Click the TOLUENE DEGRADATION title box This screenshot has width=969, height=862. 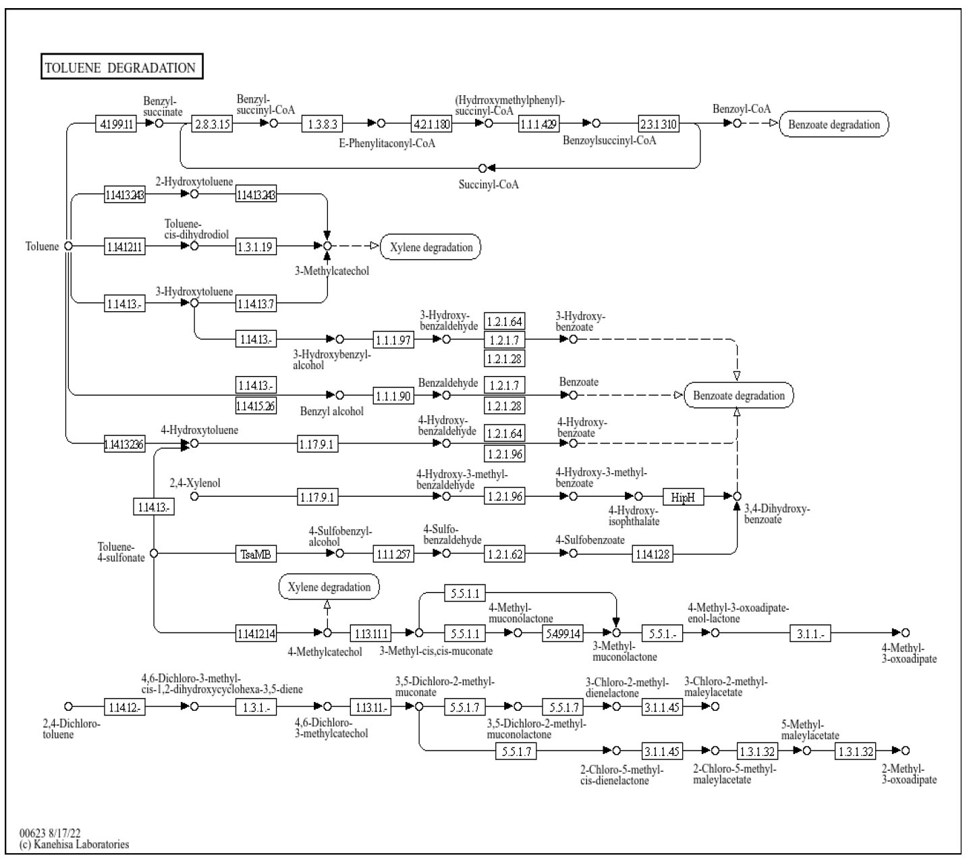121,68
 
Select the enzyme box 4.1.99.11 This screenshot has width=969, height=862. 116,124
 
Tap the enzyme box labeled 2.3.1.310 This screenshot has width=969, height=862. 659,124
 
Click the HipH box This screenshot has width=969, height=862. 683,497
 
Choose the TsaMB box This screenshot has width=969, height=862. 256,554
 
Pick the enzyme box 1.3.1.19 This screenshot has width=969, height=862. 256,246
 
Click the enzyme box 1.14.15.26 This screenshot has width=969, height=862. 256,406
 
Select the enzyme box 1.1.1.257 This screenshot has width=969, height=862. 393,554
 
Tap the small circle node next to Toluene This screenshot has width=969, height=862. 68,246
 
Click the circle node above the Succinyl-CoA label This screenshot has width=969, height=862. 482,167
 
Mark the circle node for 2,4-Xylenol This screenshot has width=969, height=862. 194,496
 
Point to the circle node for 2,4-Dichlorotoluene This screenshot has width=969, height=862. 68,706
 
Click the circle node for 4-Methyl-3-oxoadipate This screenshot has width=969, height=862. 906,632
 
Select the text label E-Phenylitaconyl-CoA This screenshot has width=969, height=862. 387,143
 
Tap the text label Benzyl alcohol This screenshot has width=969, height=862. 332,411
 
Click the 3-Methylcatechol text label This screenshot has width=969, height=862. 332,271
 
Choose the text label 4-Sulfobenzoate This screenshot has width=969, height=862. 590,540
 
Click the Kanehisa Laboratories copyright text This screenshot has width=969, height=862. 74,844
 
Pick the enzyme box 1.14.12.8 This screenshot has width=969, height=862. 652,554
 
